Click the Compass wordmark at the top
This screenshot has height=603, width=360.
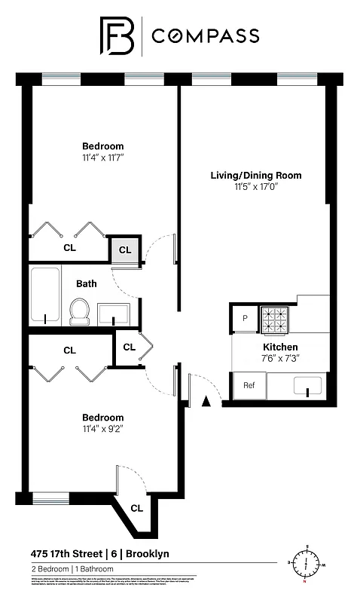pyautogui.click(x=206, y=35)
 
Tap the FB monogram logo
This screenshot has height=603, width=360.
pyautogui.click(x=119, y=35)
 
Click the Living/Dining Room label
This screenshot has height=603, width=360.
pyautogui.click(x=255, y=176)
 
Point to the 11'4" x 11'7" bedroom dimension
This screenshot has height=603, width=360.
pyautogui.click(x=102, y=158)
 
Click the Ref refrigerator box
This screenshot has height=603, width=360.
pyautogui.click(x=249, y=385)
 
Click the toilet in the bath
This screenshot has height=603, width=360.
pyautogui.click(x=79, y=311)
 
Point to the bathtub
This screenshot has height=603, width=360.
pyautogui.click(x=45, y=295)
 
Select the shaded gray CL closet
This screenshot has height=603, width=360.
pyautogui.click(x=125, y=249)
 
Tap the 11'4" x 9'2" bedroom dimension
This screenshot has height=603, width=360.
pyautogui.click(x=102, y=429)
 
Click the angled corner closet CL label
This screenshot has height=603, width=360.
pyautogui.click(x=136, y=507)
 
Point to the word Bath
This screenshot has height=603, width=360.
pyautogui.click(x=86, y=284)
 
